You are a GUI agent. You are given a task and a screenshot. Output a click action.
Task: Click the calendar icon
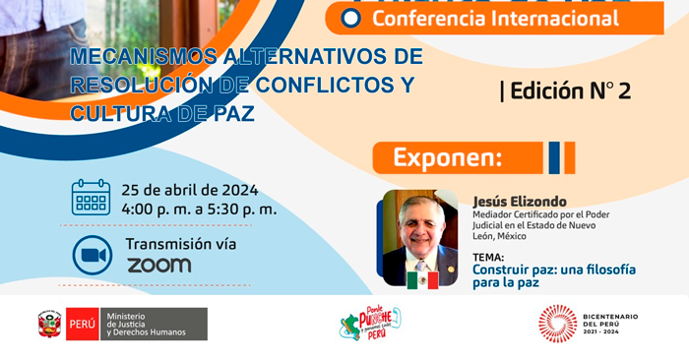[92, 197]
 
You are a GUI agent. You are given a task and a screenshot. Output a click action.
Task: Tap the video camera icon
[92, 255]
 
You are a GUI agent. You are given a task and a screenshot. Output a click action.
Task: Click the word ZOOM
[158, 265]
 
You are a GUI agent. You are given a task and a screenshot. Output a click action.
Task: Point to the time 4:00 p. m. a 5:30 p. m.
[199, 209]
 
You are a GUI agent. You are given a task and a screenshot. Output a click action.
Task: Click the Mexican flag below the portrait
[422, 279]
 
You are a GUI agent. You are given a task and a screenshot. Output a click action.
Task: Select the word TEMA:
[490, 258]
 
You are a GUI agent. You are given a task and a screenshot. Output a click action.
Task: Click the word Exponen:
[448, 157]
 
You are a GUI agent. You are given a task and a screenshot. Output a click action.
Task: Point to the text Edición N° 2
[566, 91]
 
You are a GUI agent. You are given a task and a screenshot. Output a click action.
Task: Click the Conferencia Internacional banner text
[494, 18]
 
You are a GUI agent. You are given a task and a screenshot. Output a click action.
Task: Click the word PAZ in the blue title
[233, 113]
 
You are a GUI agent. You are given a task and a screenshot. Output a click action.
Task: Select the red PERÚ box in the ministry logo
[82, 324]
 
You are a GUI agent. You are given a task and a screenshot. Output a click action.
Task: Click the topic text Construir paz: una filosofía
[553, 270]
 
